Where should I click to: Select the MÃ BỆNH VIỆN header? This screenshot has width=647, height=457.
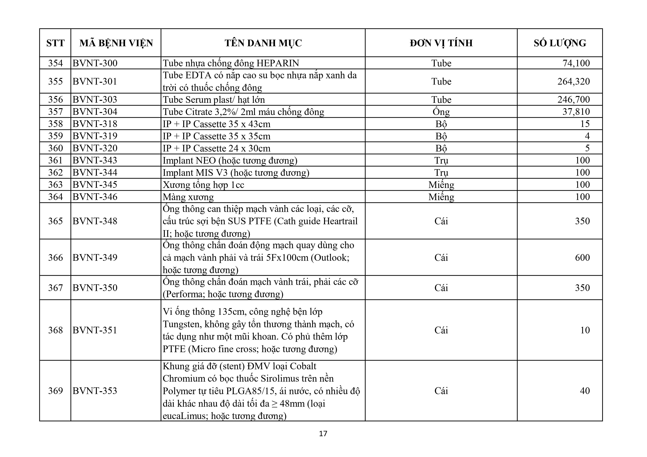pos(116,43)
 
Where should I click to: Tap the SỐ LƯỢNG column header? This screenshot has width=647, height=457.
pos(560,43)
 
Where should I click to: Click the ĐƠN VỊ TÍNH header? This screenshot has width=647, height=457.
pos(441,43)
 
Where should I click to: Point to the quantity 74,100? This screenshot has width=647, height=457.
pos(576,63)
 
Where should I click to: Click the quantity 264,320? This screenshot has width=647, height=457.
pos(573,81)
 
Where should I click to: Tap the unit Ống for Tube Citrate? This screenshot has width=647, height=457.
pos(441,112)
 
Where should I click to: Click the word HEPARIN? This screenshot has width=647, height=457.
pos(278,63)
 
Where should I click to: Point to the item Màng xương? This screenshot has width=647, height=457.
pos(188,197)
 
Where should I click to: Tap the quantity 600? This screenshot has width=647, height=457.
pos(582,257)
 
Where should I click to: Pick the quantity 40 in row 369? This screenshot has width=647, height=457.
pos(585,391)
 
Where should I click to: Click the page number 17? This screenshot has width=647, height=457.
pos(323,433)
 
